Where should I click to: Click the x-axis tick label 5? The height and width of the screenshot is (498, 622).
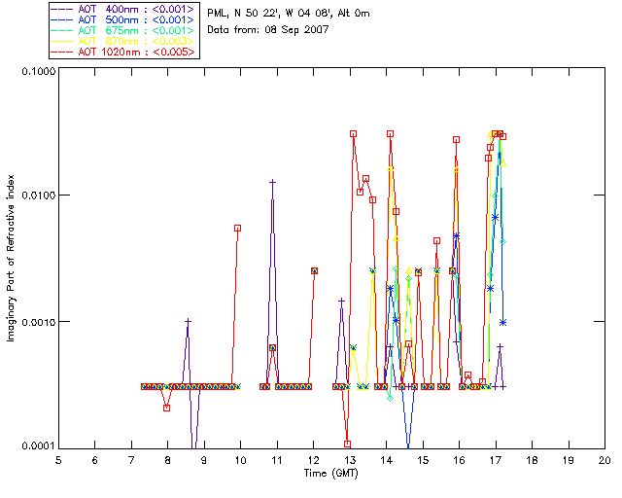point(58,459)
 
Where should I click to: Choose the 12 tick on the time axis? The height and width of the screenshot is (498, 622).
point(313,459)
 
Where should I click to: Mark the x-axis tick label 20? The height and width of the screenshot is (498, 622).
point(605,459)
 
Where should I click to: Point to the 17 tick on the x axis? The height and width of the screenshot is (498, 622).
point(496,459)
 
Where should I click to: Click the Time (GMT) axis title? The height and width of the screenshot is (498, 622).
point(331,473)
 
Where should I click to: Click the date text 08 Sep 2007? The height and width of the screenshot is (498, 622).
point(297,30)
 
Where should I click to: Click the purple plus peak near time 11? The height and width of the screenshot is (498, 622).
point(273,182)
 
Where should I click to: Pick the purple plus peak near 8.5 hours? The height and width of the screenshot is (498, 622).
point(189,321)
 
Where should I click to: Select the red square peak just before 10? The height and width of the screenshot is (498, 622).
point(237,228)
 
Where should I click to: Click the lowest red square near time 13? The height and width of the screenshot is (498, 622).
point(347,445)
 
